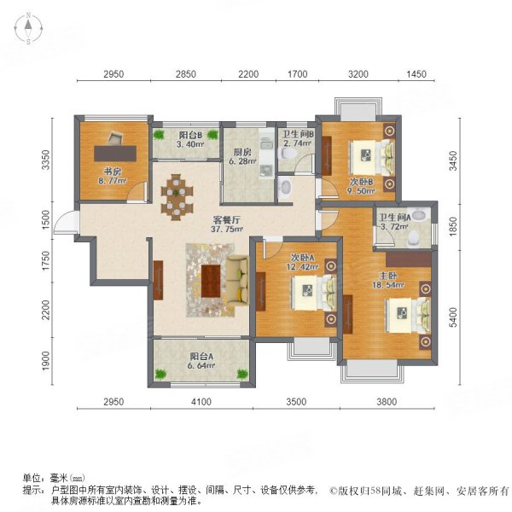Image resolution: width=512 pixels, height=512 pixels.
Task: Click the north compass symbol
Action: [27, 29]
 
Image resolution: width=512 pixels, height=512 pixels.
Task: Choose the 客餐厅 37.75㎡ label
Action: [224, 223]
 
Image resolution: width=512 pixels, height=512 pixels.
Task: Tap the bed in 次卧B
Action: [373, 155]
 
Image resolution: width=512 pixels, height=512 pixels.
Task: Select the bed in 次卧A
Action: [310, 296]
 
